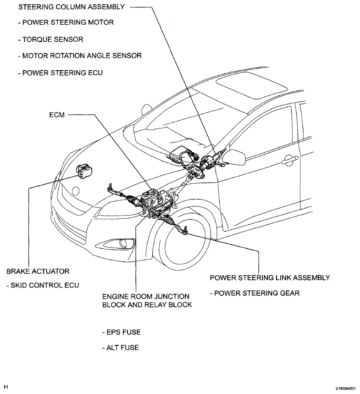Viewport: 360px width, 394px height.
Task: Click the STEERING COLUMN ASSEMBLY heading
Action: coord(65,7)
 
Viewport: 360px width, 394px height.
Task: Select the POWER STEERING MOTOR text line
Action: coord(60,22)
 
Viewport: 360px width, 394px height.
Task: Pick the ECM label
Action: coord(56,116)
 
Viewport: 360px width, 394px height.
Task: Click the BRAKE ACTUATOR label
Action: coord(38,272)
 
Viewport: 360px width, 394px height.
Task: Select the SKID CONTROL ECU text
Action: coord(43,285)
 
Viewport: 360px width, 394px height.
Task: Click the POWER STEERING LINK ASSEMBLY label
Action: coord(270,278)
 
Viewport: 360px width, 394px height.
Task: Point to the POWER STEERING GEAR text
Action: coord(255,293)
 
